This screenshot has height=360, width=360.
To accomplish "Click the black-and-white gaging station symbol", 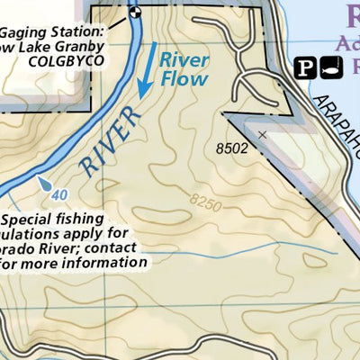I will click(x=135, y=13).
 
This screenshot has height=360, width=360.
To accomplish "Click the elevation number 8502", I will click(x=232, y=148).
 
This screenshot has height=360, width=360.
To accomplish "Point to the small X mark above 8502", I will click(x=262, y=135).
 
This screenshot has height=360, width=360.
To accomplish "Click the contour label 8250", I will click(x=205, y=204).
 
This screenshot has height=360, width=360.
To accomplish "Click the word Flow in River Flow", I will click(x=184, y=79).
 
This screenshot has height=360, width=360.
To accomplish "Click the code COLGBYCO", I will click(x=67, y=61).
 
